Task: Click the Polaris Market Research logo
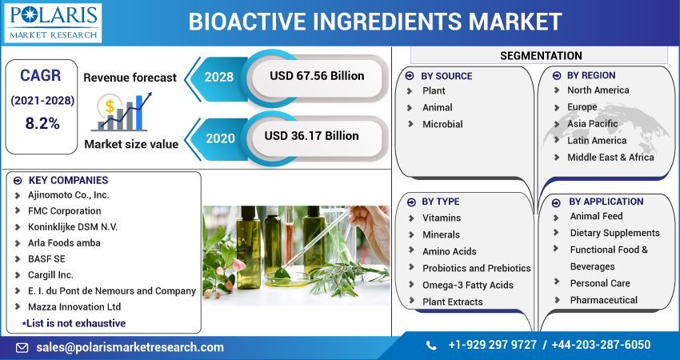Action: (x=53, y=22)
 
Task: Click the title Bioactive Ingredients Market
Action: (x=374, y=21)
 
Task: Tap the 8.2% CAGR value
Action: (x=42, y=123)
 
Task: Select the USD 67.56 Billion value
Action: (x=317, y=76)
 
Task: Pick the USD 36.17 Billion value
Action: (x=311, y=136)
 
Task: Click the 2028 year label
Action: (x=219, y=78)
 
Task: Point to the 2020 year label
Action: (x=219, y=138)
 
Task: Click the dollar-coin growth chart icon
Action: (x=119, y=112)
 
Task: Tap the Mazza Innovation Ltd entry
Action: (x=74, y=306)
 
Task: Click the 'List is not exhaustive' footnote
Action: (x=74, y=323)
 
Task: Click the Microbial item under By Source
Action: (x=442, y=124)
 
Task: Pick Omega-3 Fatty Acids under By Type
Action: (x=468, y=285)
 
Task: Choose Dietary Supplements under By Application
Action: (x=614, y=233)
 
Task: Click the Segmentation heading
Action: (x=541, y=55)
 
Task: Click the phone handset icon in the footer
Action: (x=431, y=346)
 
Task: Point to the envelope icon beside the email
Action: (x=22, y=347)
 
